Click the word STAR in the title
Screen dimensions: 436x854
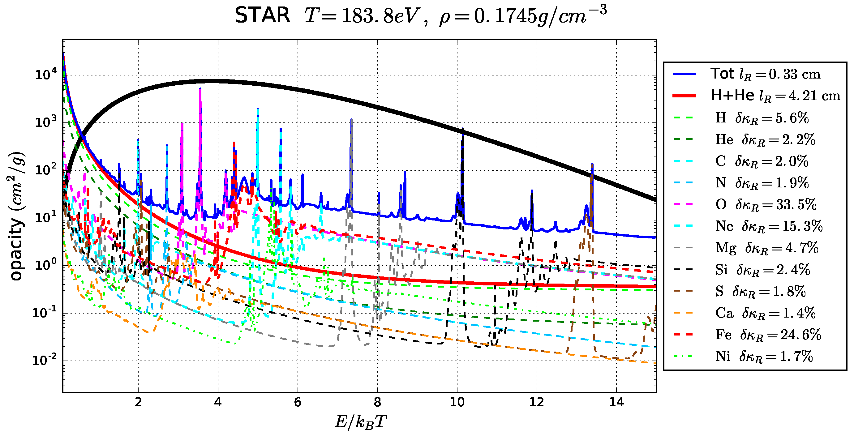(262, 15)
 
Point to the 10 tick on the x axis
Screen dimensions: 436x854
(457, 402)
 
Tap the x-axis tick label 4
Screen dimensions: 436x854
(218, 402)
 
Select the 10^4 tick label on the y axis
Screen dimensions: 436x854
(46, 75)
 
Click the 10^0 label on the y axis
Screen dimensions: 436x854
(46, 265)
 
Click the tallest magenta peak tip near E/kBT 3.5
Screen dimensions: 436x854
(200, 89)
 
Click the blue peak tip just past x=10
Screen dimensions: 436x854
(463, 129)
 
